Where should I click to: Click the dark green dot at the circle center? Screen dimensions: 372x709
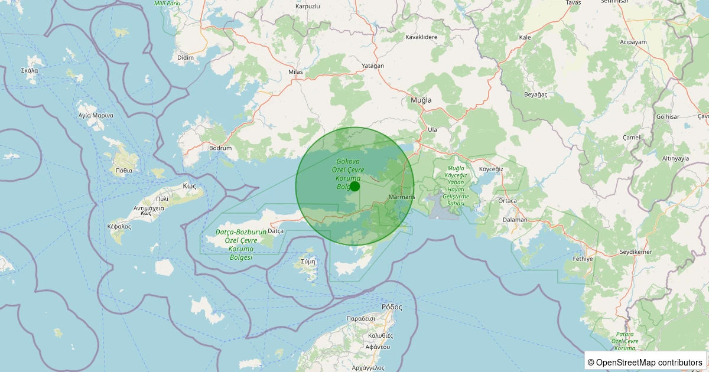tap(355, 187)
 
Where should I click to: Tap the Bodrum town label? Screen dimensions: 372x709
tap(220, 148)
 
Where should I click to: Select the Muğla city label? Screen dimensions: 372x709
tap(421, 100)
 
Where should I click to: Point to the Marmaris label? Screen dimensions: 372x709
tap(402, 197)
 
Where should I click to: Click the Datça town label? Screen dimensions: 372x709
tap(276, 230)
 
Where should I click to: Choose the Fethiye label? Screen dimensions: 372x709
tap(583, 259)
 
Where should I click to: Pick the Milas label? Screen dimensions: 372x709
tap(295, 72)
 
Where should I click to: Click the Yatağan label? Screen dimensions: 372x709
tap(373, 66)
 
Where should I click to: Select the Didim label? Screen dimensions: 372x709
tap(186, 57)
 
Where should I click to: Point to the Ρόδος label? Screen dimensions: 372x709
tap(392, 307)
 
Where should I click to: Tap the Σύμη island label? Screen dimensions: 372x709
tap(308, 261)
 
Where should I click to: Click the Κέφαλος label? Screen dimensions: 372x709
tap(119, 226)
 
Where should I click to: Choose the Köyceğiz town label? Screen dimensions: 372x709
tap(491, 169)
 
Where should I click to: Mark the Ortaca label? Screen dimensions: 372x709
tap(508, 201)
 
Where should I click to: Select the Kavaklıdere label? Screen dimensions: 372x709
tap(421, 37)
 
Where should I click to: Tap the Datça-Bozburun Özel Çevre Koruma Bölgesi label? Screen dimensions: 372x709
tap(240, 245)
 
